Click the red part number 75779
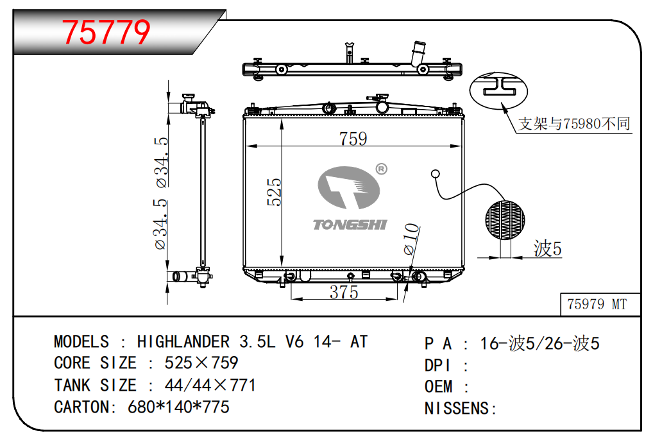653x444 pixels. [106, 32]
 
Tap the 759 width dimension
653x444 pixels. [353, 139]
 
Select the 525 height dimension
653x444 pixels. [275, 192]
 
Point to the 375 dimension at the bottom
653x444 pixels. [344, 292]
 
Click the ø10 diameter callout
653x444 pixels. [411, 239]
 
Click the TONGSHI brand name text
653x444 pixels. [350, 225]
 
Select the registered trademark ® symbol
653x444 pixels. [382, 169]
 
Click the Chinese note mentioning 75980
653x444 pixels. [574, 124]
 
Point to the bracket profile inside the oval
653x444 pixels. [499, 87]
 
